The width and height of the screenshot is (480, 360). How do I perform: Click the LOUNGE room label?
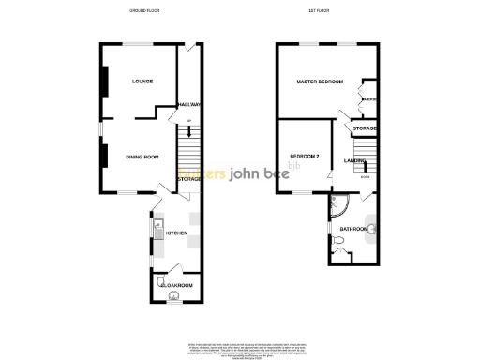pos(142,82)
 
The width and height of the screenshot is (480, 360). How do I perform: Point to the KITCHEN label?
pos(177,232)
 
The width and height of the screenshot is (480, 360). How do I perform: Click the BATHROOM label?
pos(354,228)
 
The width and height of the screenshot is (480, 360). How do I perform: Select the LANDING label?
pos(354,161)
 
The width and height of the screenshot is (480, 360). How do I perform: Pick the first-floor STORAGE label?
pos(365,127)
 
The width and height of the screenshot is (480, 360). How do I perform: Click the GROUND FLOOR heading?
pos(146,11)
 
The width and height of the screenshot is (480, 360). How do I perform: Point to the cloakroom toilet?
pos(172,299)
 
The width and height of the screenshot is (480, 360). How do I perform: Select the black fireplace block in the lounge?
pos(105,82)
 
